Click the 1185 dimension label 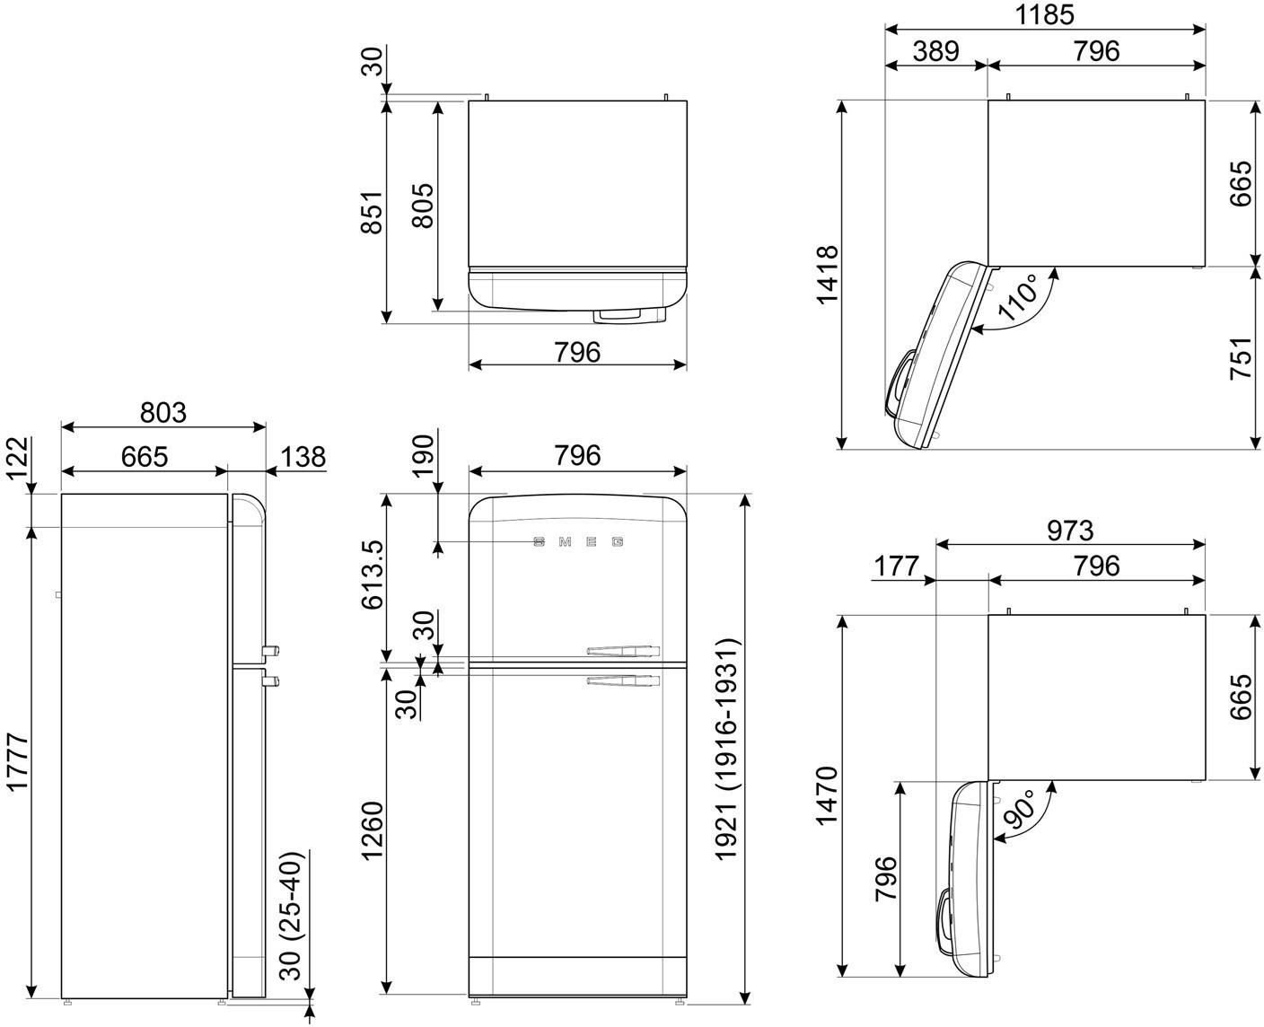click(1044, 15)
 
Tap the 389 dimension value click(935, 51)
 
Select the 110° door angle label click(1019, 296)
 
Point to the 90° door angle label click(1020, 808)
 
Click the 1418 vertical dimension click(827, 275)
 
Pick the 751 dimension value click(1241, 358)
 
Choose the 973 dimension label click(1069, 531)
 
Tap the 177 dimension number click(896, 566)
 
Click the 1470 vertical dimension click(827, 795)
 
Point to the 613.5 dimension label click(373, 575)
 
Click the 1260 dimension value click(373, 830)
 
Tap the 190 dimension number click(423, 456)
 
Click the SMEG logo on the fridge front click(578, 541)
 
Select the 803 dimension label click(163, 412)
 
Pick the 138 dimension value click(303, 457)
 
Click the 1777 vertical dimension click(17, 762)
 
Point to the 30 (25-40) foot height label click(290, 916)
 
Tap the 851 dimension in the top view click(372, 212)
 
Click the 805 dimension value click(423, 206)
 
